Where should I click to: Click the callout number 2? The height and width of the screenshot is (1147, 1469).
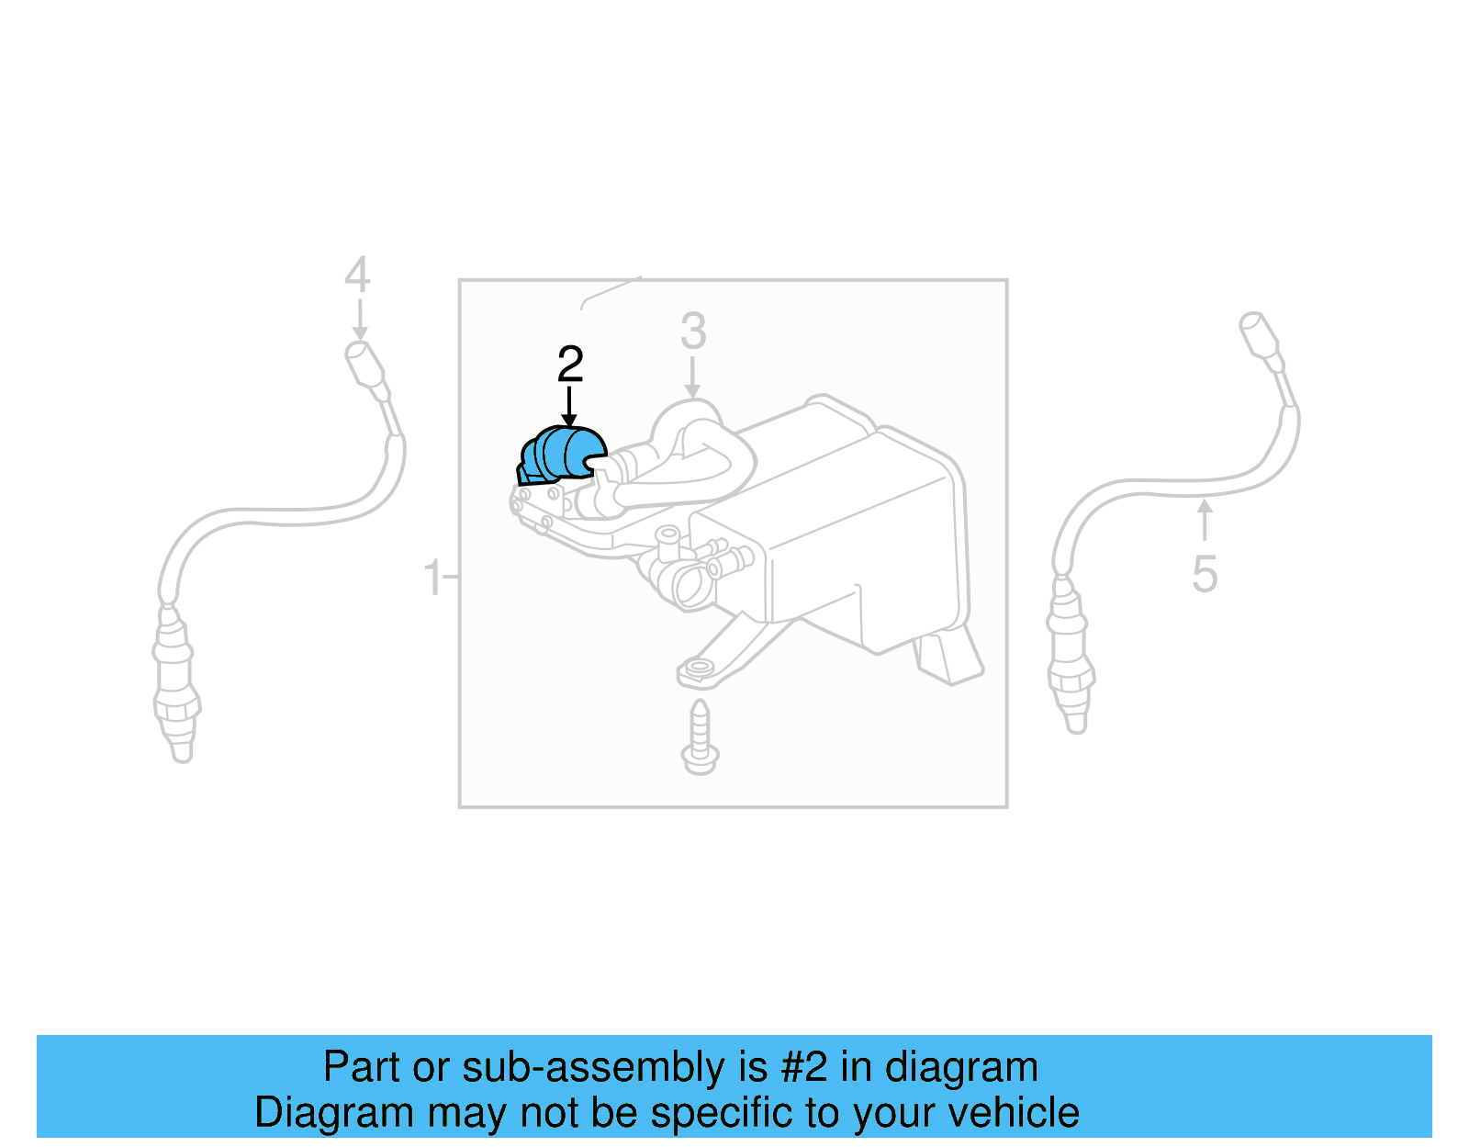coord(570,365)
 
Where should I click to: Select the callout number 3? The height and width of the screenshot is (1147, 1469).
coord(693,332)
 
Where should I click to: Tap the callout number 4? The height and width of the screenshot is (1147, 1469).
coord(357,275)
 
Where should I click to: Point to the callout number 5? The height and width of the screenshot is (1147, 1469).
coord(1205,575)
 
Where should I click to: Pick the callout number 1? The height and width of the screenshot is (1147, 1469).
coord(432,579)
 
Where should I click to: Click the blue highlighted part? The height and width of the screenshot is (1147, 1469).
coord(562,454)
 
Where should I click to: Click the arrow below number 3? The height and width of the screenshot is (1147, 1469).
coord(693,377)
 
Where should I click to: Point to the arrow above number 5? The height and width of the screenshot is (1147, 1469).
coord(1205,520)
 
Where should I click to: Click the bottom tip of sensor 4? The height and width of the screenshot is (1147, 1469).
coord(182,749)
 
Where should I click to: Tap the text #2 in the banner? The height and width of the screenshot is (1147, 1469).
coord(804,1067)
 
